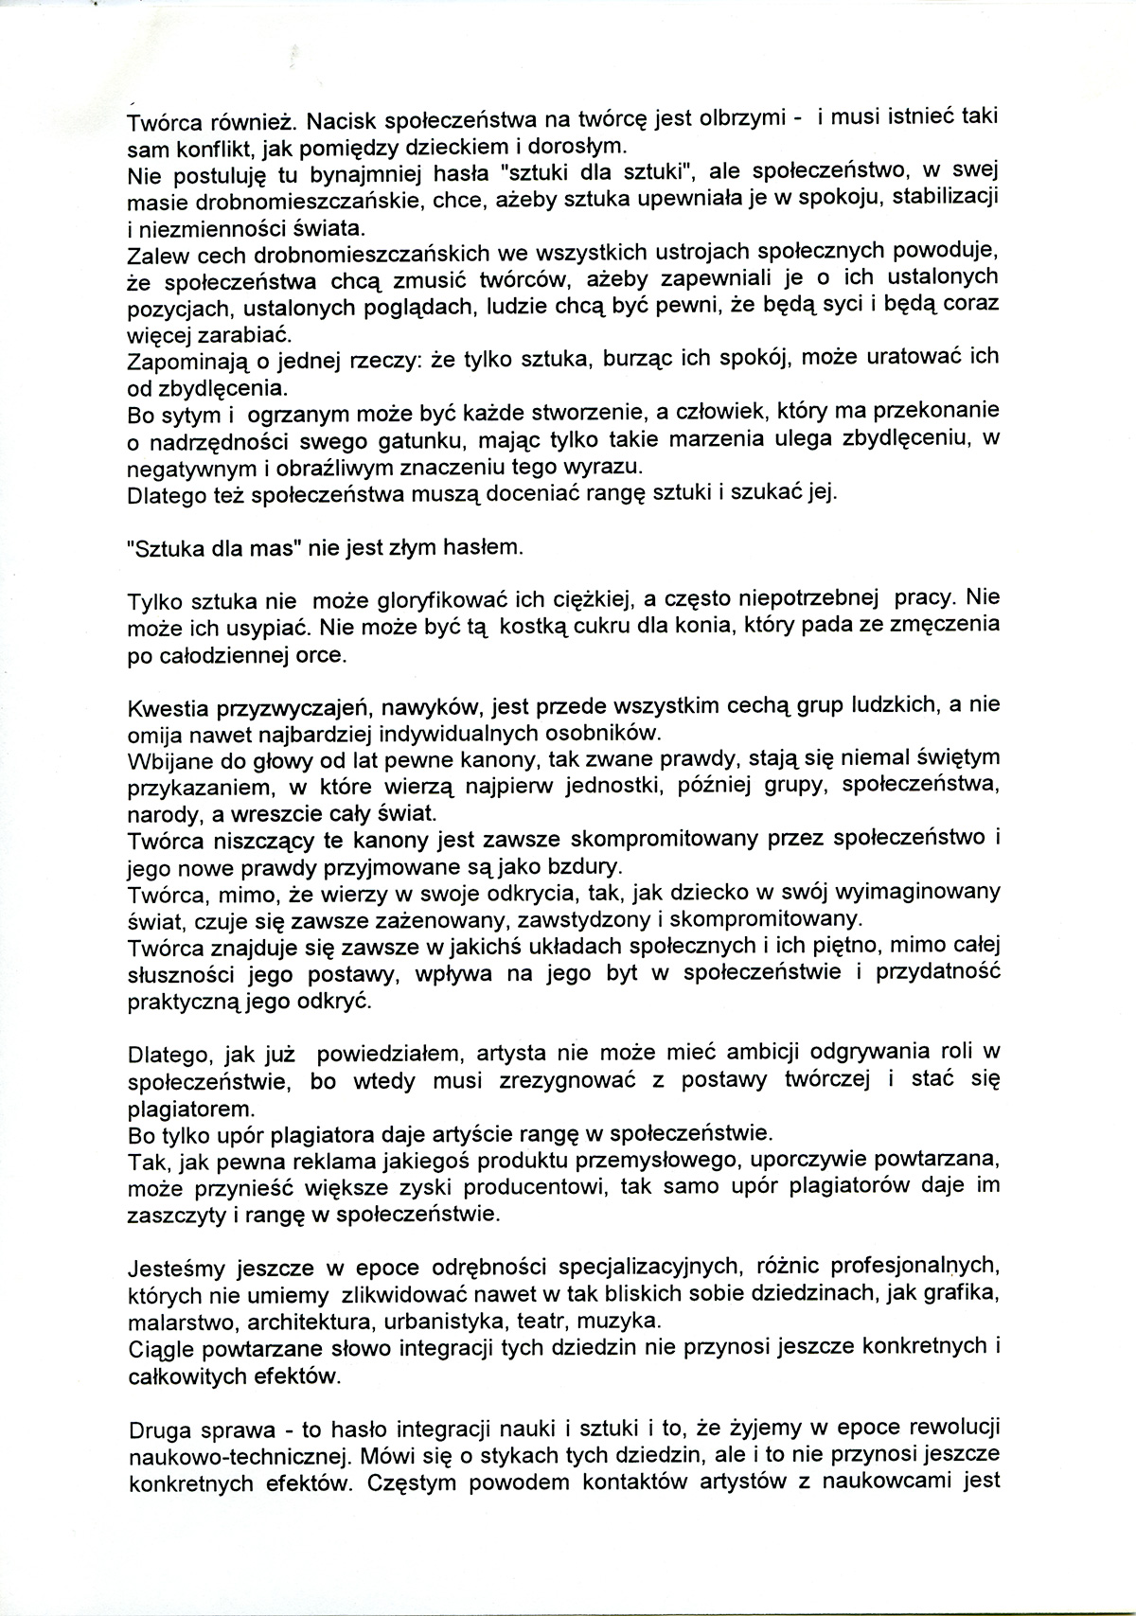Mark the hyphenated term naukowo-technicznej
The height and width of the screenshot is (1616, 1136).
tap(224, 1454)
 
